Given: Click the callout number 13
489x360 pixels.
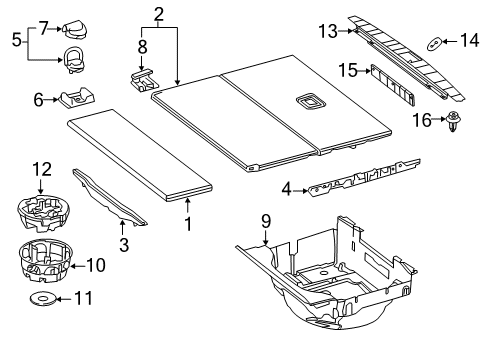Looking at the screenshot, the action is click(x=328, y=31).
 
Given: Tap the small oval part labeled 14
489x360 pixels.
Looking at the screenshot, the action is click(x=435, y=44).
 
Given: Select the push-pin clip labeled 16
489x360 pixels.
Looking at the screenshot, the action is click(x=452, y=122).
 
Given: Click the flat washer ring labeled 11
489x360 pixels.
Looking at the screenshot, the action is click(x=43, y=299).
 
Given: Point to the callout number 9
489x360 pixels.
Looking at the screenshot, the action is click(x=266, y=221).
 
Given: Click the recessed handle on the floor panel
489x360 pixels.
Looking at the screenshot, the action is click(x=310, y=101).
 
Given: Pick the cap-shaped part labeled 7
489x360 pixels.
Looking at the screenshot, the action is click(x=74, y=29).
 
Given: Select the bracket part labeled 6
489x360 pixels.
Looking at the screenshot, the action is click(x=77, y=98).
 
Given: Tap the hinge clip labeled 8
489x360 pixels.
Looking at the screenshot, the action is click(x=144, y=80).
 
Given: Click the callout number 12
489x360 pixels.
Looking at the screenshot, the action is click(x=42, y=170).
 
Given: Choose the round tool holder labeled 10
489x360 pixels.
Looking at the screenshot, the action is click(x=45, y=260).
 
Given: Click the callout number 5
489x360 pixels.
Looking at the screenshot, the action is click(x=16, y=40).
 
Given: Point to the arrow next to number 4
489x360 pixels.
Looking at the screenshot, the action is click(x=301, y=191).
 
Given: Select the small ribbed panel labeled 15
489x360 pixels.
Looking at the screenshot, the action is click(x=393, y=85).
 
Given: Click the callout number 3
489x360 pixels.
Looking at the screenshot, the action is click(x=124, y=245).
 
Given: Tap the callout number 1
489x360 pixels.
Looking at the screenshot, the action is click(x=188, y=224).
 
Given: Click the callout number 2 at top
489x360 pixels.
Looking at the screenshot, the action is click(x=159, y=15).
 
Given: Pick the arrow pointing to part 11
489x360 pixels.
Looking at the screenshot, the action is click(x=63, y=299).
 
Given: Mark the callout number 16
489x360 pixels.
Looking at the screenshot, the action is click(x=422, y=120).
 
